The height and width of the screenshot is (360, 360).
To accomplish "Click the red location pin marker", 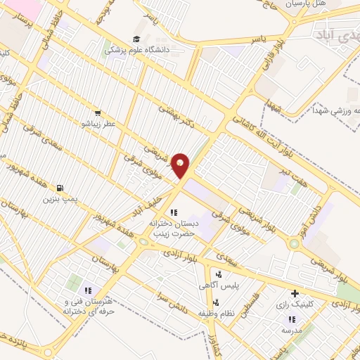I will [181, 165].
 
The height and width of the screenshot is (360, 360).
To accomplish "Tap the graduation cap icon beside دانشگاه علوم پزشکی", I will [136, 39].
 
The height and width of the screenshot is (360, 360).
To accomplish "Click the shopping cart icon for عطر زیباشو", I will [98, 112].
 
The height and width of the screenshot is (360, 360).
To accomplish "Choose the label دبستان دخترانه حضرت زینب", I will [173, 226].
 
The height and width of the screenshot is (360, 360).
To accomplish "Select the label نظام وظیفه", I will [215, 311].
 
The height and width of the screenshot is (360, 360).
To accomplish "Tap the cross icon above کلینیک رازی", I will [294, 293].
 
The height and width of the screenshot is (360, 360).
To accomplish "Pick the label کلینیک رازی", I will [295, 305].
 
